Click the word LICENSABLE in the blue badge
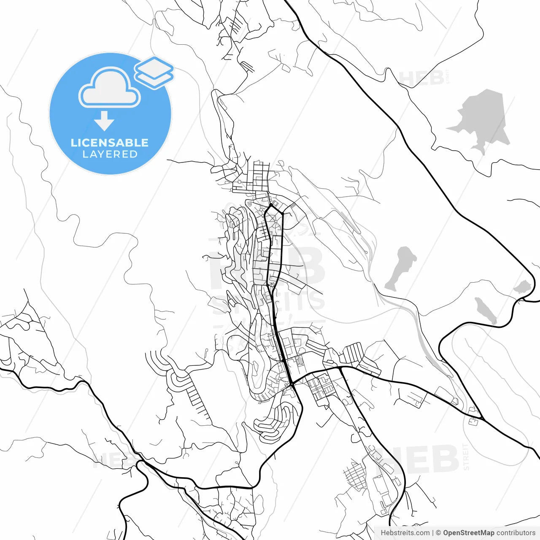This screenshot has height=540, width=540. (110, 143)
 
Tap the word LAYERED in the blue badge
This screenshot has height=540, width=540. (110, 154)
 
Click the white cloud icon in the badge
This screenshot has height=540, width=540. (110, 89)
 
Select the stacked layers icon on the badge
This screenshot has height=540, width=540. (154, 73)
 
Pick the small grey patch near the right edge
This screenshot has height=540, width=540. (522, 287)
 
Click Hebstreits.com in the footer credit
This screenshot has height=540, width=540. (405, 533)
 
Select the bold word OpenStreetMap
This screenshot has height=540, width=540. (468, 533)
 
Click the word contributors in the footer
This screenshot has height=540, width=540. (516, 533)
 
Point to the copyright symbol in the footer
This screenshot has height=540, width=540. (438, 533)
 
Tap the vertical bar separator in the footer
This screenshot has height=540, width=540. (433, 533)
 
